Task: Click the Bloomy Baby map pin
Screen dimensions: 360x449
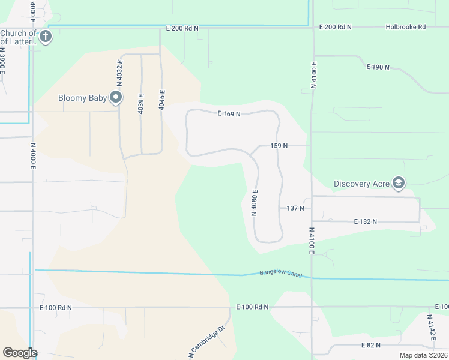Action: [116, 97]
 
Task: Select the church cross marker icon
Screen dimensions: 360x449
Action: [45, 37]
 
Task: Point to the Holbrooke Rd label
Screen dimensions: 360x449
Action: [405, 27]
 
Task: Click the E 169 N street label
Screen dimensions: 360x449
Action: [229, 113]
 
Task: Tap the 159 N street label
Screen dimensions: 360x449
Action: [279, 146]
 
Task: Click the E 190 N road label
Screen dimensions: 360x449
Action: [378, 67]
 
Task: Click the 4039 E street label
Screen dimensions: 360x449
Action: [141, 104]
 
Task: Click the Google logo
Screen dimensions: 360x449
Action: [20, 353]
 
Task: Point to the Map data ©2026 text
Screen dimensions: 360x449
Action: [423, 355]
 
